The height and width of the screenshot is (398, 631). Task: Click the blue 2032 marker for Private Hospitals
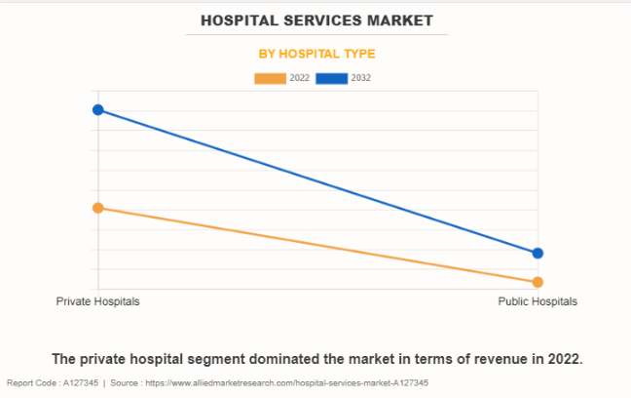98,109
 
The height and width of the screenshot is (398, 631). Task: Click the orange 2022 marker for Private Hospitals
98,208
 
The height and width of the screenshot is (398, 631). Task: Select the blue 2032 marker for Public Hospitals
538,254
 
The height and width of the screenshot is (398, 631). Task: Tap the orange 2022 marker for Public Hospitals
538,282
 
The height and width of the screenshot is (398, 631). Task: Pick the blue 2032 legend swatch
332,78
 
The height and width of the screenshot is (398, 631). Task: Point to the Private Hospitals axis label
97,301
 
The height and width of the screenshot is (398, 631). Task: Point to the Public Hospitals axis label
538,301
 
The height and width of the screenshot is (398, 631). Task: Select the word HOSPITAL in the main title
238,20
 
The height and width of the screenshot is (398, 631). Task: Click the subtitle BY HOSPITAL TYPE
316,54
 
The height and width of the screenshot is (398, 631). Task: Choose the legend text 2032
361,78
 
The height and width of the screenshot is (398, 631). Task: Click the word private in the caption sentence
106,358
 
